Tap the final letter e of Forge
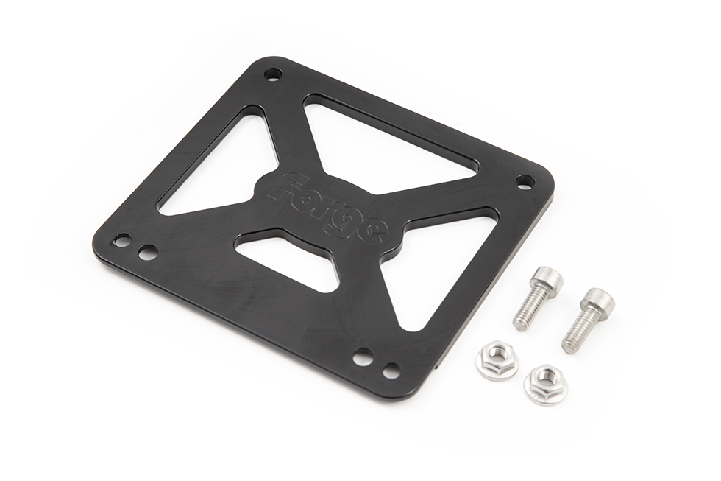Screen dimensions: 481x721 click(x=373, y=231)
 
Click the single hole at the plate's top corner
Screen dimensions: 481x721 click(x=273, y=74)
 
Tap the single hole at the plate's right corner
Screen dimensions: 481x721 click(x=524, y=180)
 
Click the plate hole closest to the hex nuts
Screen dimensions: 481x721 click(x=391, y=370)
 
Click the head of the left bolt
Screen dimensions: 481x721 click(x=547, y=280)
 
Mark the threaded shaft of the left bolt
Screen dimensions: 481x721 click(x=530, y=310)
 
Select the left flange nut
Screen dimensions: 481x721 click(x=497, y=361)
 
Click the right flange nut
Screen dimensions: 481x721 click(x=545, y=384)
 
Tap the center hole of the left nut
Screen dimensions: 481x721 click(x=497, y=357)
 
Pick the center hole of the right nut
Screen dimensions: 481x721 click(x=545, y=379)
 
